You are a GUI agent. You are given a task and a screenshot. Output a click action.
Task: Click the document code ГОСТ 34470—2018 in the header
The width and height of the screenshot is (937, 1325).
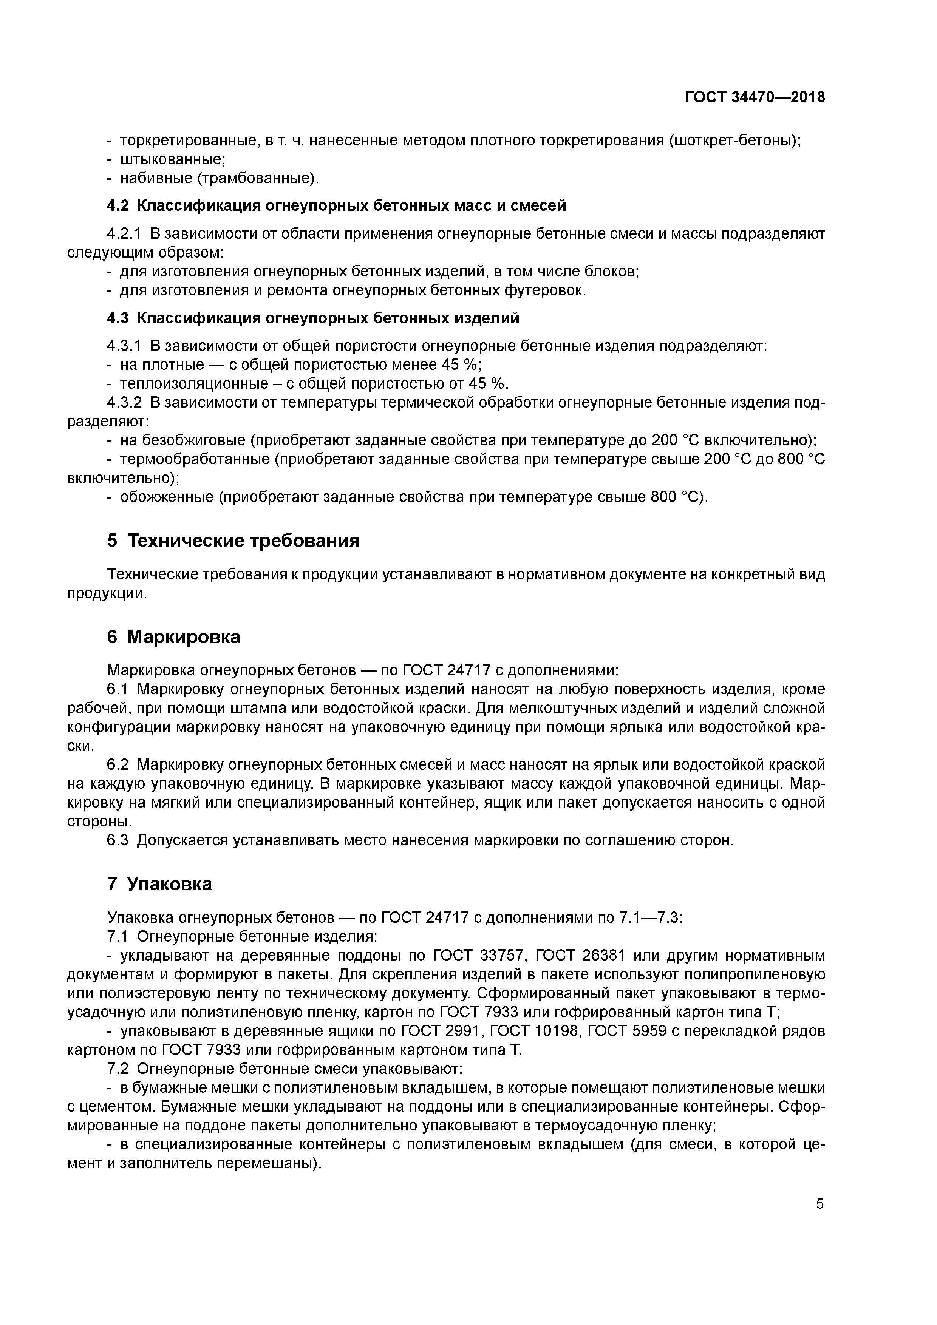point(755,97)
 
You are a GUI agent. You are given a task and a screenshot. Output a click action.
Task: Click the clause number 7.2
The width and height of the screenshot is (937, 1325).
point(118,1069)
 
